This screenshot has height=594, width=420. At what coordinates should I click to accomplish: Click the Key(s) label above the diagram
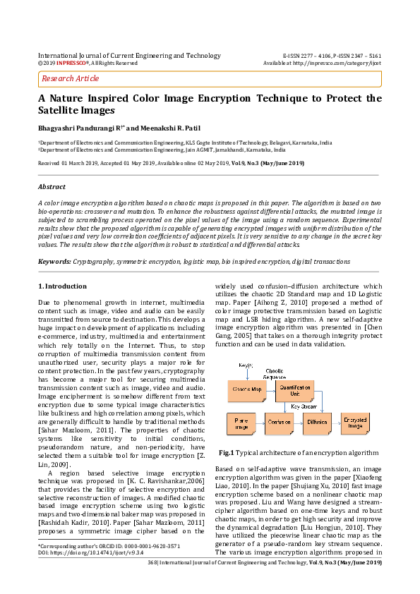pyautogui.click(x=246, y=365)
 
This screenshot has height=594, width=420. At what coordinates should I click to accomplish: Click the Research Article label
pyautogui.click(x=71, y=79)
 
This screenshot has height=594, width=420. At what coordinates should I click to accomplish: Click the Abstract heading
pyautogui.click(x=53, y=188)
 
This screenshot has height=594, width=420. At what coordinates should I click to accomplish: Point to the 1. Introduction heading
pyautogui.click(x=62, y=286)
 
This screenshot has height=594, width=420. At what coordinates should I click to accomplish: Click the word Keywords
pyautogui.click(x=54, y=261)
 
